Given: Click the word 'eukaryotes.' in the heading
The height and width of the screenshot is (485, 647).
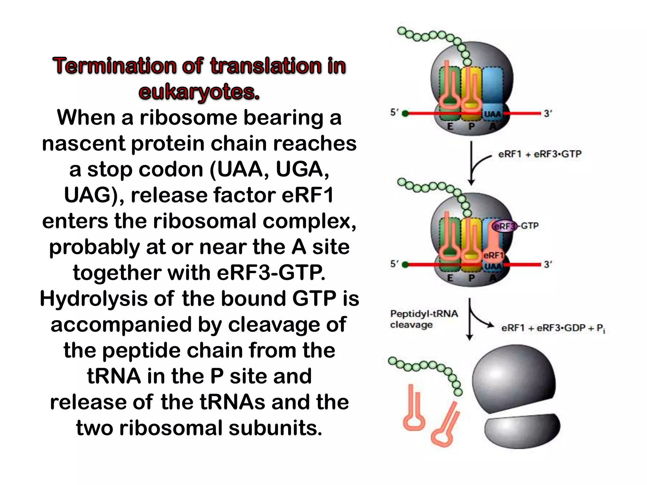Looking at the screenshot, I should (x=199, y=92).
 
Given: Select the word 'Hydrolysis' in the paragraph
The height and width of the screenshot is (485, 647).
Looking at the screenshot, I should (x=94, y=298).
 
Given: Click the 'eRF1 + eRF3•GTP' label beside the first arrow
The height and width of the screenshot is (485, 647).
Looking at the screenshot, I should (x=540, y=154).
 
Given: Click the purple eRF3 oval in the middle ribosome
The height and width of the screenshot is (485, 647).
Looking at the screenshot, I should (x=505, y=226).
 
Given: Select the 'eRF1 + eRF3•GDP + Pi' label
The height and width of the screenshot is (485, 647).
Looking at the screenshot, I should (x=553, y=328).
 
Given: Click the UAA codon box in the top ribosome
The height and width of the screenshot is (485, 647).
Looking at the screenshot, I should (x=492, y=114).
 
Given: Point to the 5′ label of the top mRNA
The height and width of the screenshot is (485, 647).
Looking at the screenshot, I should (x=394, y=112).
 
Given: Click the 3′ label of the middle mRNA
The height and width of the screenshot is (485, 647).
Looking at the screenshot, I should (x=548, y=264).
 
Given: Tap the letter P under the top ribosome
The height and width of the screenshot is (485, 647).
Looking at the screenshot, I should (x=471, y=127).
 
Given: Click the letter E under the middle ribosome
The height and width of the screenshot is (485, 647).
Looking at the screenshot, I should (x=450, y=278).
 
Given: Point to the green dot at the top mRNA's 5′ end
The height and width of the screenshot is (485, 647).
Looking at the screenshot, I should (x=405, y=114).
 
